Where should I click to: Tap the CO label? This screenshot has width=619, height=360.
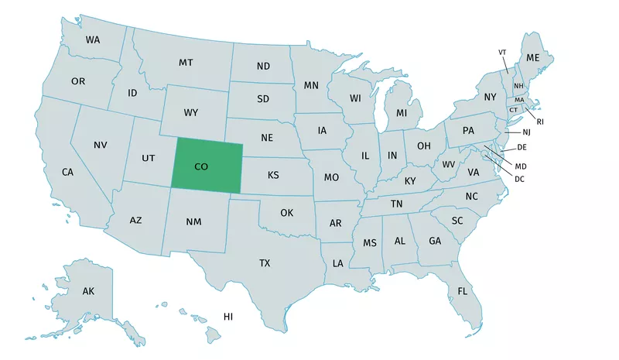tap(201, 166)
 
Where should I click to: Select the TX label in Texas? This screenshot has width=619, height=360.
tap(265, 263)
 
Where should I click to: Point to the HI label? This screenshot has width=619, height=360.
tap(228, 317)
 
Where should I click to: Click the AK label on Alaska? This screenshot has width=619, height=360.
tap(88, 292)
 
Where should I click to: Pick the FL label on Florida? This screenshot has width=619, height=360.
tap(463, 291)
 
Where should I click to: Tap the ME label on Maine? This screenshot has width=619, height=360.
tap(533, 58)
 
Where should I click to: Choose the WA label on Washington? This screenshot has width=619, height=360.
tap(93, 39)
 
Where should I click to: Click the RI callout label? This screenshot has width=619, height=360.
tap(539, 121)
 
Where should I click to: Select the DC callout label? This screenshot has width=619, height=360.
tap(519, 179)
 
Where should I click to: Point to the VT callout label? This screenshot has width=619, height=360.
tap(502, 52)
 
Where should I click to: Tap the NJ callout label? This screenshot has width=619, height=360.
tap(527, 132)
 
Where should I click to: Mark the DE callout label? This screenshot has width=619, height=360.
tap(522, 147)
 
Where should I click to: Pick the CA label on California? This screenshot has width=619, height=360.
tap(67, 172)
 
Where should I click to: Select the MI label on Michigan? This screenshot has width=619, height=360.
tap(402, 113)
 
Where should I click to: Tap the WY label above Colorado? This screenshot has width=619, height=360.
tap(191, 113)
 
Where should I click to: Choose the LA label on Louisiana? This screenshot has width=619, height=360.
tap(337, 263)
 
